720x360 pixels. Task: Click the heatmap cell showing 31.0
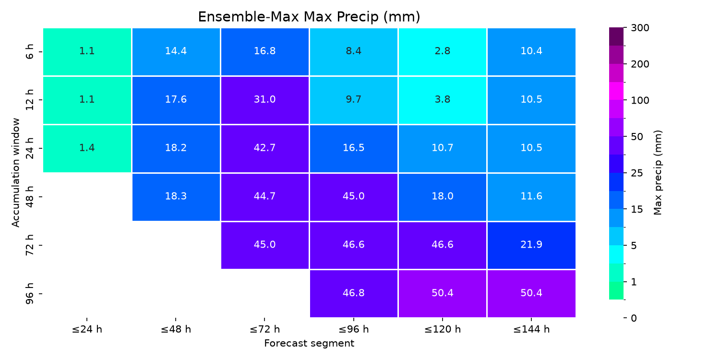[x=265, y=100]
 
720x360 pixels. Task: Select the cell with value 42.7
[x=265, y=148]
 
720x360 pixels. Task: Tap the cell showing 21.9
[x=531, y=245]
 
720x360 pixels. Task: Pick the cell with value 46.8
[x=354, y=293]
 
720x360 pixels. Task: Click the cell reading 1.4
[x=87, y=148]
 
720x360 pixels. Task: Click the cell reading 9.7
[x=354, y=100]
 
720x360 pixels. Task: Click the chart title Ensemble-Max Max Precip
[x=309, y=17]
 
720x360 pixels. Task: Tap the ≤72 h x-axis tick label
[x=265, y=329]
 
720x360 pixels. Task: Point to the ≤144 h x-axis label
[x=531, y=329]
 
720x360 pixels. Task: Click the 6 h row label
[x=30, y=52]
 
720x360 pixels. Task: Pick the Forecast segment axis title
[x=309, y=343]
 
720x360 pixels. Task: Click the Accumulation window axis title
[x=15, y=173]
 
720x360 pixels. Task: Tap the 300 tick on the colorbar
[x=640, y=28]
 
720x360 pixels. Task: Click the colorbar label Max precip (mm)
[x=658, y=173]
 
